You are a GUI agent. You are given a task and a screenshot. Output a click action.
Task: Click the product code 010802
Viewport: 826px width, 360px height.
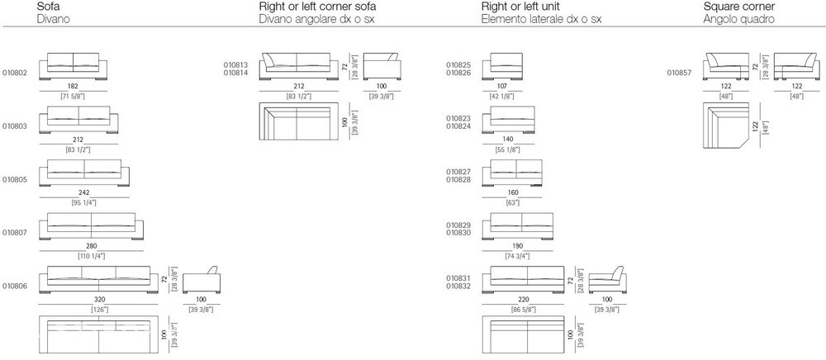click(14, 73)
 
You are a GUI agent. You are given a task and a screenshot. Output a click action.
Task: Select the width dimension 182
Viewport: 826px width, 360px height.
click(74, 86)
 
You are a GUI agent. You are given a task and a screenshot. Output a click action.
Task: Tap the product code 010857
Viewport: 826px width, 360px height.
click(680, 73)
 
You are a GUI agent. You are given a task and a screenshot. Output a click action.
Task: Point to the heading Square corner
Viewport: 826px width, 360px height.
click(739, 7)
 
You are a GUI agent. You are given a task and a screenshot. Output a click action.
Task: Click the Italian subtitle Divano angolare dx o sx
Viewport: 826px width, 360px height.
click(318, 20)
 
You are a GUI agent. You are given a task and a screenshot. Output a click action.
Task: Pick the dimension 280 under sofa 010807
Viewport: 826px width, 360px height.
click(92, 246)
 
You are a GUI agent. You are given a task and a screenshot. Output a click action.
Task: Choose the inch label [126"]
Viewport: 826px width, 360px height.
click(98, 310)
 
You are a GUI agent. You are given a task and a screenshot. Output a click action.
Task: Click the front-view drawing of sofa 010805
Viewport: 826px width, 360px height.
click(84, 173)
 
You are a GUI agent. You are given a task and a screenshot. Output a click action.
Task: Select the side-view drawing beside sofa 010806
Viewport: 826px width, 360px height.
click(202, 280)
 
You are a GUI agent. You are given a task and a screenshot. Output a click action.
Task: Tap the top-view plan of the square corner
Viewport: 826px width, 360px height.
click(725, 126)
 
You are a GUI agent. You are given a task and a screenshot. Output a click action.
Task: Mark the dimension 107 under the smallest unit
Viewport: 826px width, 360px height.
click(501, 86)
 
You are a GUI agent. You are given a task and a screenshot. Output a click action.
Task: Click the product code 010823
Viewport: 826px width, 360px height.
click(458, 119)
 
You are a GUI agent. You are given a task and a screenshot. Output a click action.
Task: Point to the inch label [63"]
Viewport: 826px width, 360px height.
click(512, 202)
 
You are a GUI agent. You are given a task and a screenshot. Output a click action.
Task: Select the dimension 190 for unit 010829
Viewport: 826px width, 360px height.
click(517, 246)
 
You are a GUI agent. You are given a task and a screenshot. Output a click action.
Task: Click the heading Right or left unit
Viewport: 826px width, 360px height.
click(520, 7)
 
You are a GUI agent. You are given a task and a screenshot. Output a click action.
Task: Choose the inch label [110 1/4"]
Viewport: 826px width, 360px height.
click(92, 256)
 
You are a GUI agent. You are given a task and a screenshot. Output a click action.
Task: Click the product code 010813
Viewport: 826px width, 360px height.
click(235, 65)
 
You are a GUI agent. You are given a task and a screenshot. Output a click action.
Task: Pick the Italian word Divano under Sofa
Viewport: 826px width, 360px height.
click(53, 20)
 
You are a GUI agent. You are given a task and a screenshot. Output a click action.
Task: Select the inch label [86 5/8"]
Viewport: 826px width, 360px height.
click(523, 310)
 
